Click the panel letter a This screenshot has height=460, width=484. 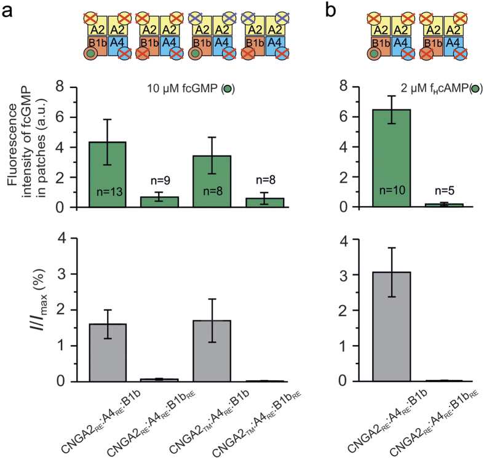click(9, 10)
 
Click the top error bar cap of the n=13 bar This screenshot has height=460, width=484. click(108, 119)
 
